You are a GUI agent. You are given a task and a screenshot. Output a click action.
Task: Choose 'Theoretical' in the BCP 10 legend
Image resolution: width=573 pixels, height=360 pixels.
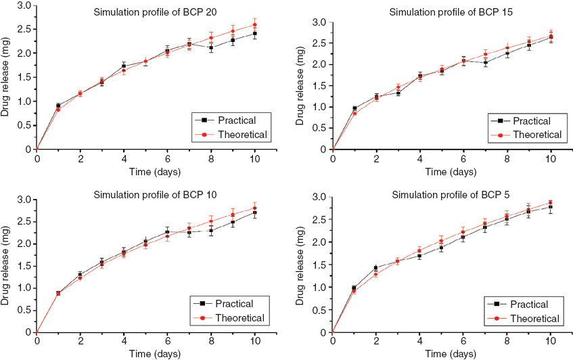(239, 317)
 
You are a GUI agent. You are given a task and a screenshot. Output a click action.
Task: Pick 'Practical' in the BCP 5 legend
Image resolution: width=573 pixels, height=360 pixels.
(531, 305)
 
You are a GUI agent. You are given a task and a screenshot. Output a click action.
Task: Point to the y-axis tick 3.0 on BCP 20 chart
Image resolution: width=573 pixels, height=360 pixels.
(24, 5)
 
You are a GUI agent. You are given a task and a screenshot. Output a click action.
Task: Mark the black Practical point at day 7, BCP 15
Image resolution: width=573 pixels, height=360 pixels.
(485, 63)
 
